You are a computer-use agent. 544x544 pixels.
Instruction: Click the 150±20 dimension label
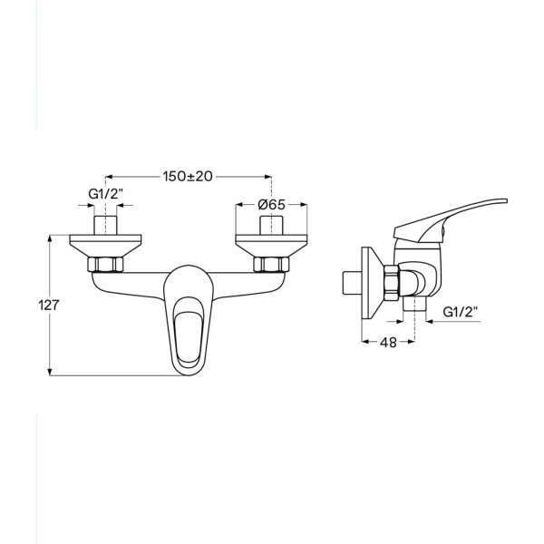coord(188,176)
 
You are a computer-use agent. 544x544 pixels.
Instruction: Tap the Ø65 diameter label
coord(272,205)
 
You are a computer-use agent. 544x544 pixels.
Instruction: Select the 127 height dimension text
coord(49,306)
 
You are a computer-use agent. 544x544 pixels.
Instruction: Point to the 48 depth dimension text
coord(388,343)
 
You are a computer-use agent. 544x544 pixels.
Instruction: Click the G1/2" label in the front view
coord(106,194)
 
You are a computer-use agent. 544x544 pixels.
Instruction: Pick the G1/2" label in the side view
coord(461,312)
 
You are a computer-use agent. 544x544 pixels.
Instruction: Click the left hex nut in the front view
coord(105,265)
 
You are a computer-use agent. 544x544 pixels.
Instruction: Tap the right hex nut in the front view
coord(271,265)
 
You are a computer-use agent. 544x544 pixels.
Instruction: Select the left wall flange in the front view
coord(105,246)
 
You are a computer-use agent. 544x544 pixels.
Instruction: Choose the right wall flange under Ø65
coord(272,246)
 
